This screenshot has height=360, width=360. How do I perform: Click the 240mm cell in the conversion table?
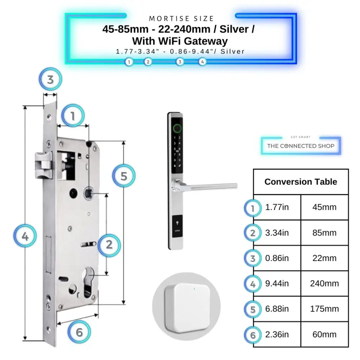[324, 284]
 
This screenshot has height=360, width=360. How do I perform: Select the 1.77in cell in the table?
[277, 207]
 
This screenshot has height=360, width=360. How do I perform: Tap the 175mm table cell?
[324, 309]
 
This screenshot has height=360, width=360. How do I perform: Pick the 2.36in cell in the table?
[277, 334]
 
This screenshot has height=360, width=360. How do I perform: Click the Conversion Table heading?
[301, 182]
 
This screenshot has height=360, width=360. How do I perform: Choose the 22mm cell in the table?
[324, 258]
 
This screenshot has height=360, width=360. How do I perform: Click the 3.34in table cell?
[277, 233]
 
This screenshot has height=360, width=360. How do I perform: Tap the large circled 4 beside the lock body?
[25, 237]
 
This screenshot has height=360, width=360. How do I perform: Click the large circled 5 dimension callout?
[123, 176]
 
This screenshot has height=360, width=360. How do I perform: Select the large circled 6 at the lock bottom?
[79, 332]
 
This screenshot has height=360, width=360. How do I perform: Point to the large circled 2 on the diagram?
[109, 245]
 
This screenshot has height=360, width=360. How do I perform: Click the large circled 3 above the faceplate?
[50, 80]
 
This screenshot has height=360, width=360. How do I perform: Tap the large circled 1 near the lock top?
[72, 116]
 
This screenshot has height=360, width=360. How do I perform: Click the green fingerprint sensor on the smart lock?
[177, 128]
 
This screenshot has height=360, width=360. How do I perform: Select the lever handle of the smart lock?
[212, 186]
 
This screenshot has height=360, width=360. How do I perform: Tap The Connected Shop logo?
[301, 146]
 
